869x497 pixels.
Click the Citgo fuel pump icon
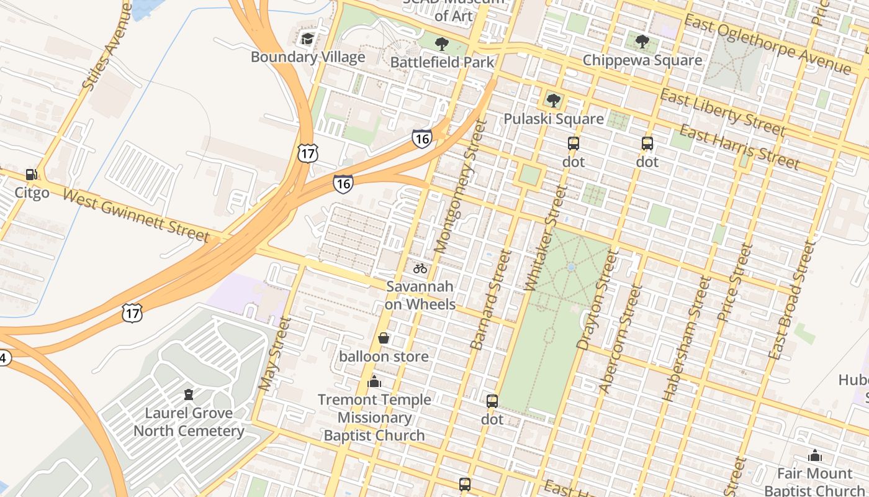31,175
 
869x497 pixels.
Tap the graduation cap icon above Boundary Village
307,39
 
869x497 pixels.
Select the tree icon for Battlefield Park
441,43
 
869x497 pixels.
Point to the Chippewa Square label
642,60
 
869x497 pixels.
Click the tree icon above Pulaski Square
553,100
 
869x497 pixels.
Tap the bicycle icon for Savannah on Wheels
420,268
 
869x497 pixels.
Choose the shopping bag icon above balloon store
384,338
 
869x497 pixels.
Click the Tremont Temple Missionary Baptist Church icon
374,381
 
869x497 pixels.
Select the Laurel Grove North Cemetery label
189,422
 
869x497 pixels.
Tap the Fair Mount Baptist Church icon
815,456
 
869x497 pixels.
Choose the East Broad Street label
790,301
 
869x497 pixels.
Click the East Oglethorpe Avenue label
767,44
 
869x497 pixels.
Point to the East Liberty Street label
723,112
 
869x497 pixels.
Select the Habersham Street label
686,339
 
